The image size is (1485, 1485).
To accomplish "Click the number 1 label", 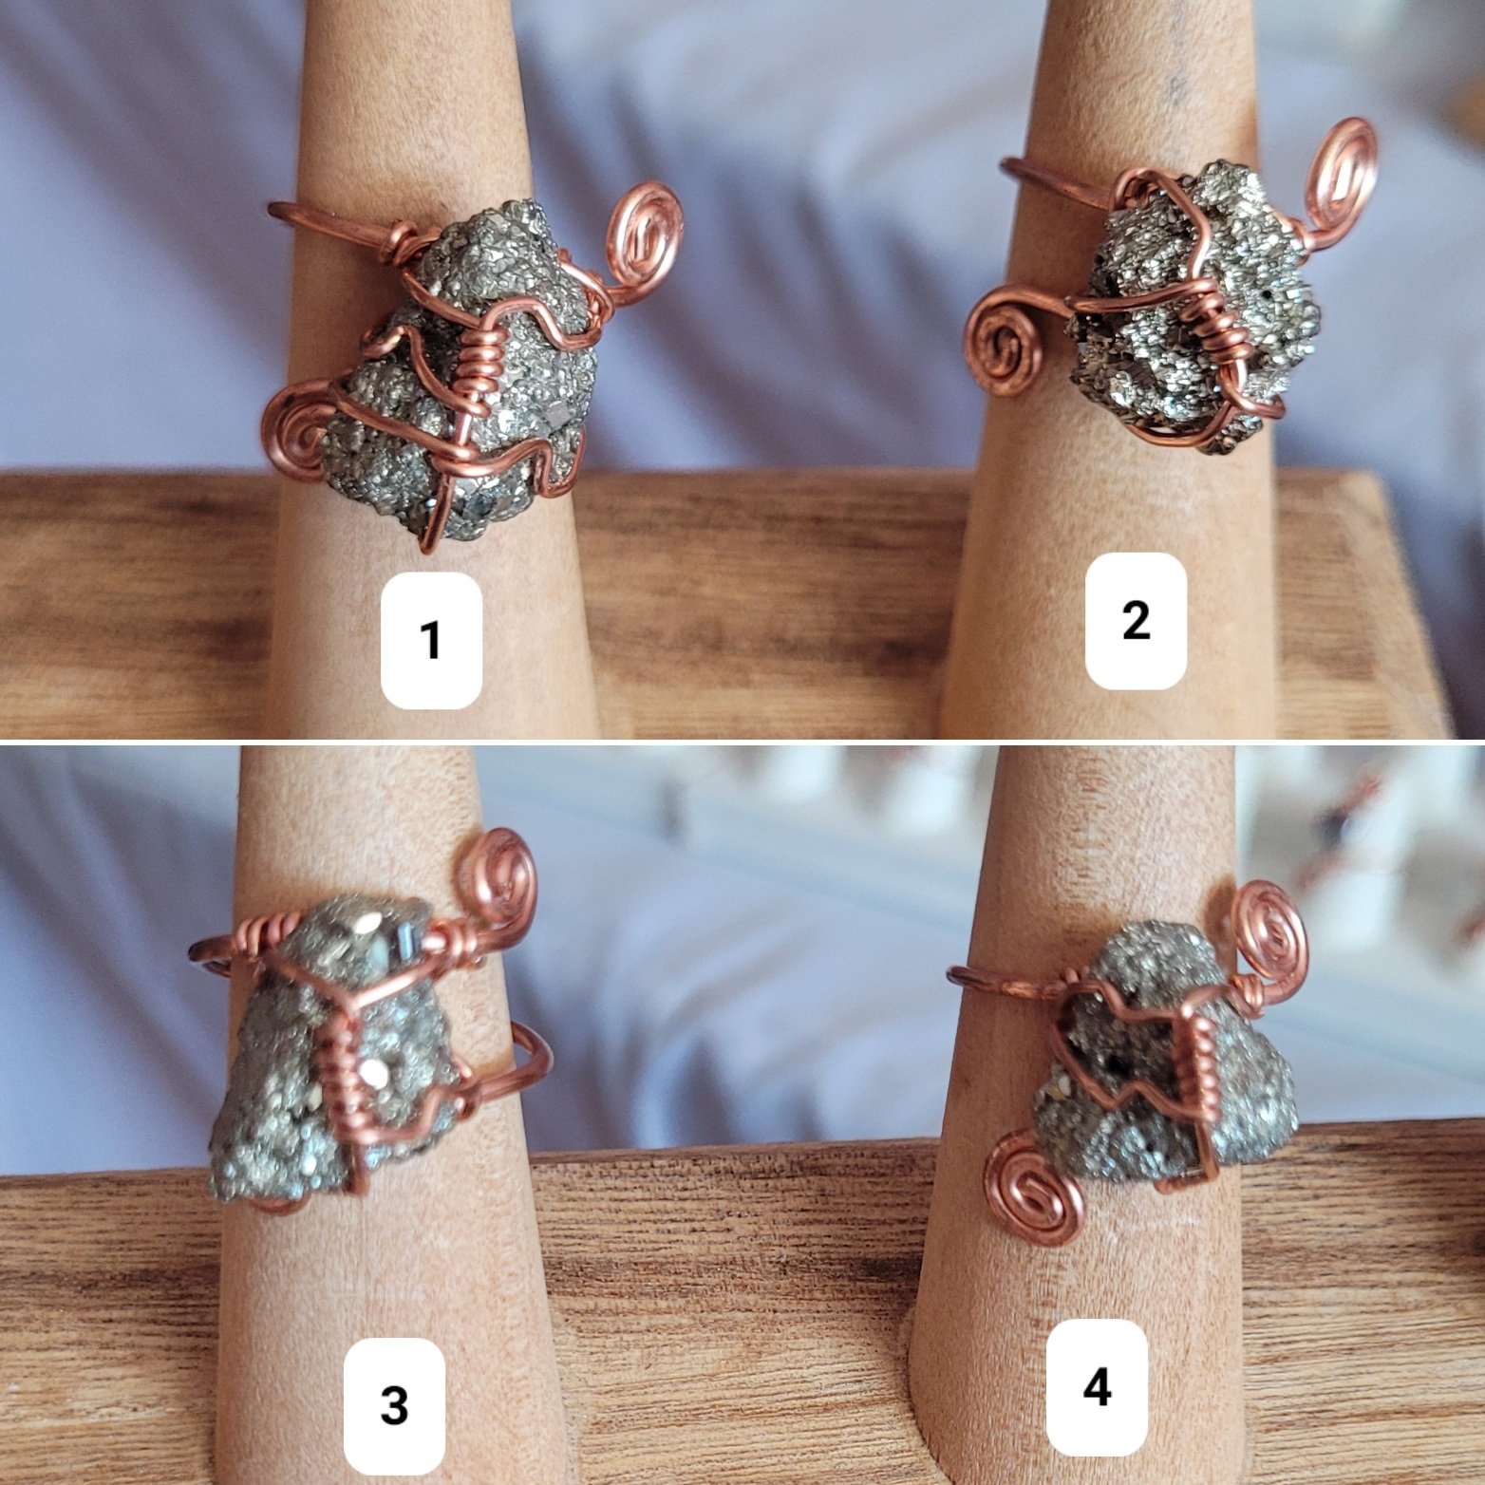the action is (431, 640).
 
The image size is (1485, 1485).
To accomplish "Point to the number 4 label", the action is (1098, 1388).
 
